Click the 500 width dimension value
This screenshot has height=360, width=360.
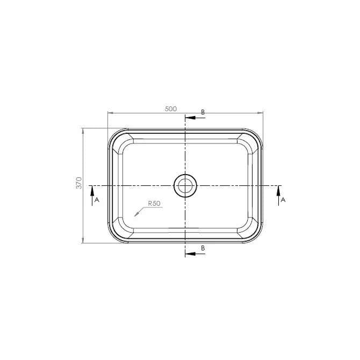(x=171, y=109)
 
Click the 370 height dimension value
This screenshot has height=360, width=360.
(x=78, y=183)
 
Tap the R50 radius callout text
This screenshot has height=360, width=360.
(x=154, y=204)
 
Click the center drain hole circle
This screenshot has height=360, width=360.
(x=185, y=185)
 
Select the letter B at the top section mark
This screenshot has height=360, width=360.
(x=203, y=112)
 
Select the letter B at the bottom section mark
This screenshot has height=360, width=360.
(x=203, y=248)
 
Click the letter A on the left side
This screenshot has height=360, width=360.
(x=97, y=199)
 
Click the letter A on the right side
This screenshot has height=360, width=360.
(x=283, y=199)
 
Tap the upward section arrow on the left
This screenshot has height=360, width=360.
(x=92, y=190)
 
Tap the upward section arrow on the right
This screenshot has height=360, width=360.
(x=278, y=190)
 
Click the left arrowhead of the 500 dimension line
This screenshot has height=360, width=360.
(x=110, y=113)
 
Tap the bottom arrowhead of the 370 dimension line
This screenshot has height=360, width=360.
(x=83, y=240)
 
